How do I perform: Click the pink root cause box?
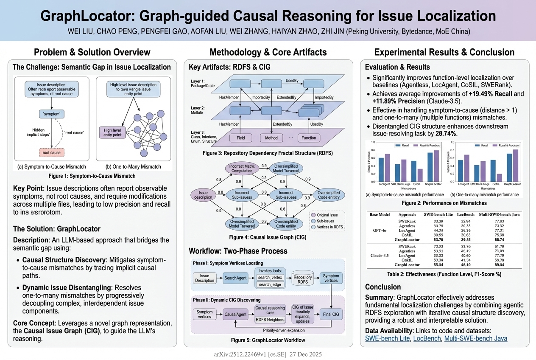pyautogui.click(x=52, y=152)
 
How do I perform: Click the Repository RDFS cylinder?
pyautogui.click(x=303, y=278)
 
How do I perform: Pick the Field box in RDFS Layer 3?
pyautogui.click(x=240, y=138)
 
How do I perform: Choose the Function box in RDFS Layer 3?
pyautogui.click(x=309, y=138)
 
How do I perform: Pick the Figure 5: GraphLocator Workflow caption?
pyautogui.click(x=268, y=340)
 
